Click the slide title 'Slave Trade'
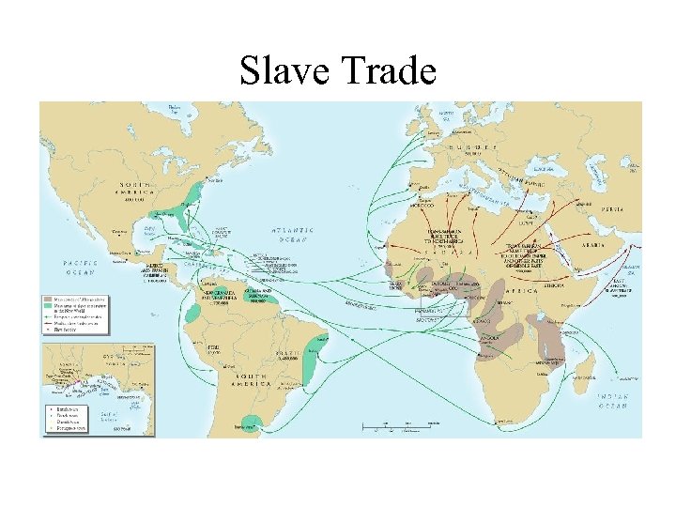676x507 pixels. (338, 69)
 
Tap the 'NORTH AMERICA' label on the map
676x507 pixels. (137, 191)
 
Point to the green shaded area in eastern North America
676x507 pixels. (195, 195)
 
